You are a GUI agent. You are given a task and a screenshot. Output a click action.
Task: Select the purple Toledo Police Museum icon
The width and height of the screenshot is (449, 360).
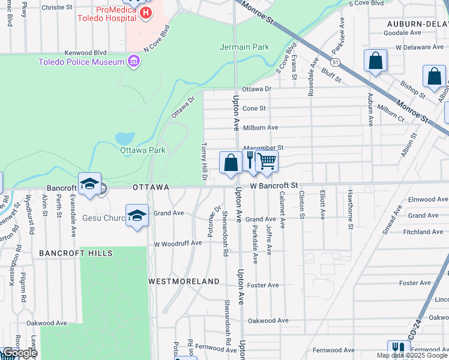pyautogui.click(x=133, y=61)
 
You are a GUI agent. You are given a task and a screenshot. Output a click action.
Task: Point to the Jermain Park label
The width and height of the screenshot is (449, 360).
pyautogui.click(x=244, y=47)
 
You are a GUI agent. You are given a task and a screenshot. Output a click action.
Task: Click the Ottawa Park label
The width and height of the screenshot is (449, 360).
pyautogui.click(x=142, y=150)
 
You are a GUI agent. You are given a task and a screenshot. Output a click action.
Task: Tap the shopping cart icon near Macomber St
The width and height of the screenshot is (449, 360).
pyautogui.click(x=267, y=161)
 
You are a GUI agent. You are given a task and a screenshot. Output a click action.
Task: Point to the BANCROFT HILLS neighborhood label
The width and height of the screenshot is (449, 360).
pyautogui.click(x=76, y=253)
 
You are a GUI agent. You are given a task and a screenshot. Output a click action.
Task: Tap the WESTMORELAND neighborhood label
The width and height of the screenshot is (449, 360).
pyautogui.click(x=184, y=281)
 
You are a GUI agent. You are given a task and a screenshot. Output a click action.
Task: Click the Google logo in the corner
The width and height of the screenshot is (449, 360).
pyautogui.click(x=19, y=353)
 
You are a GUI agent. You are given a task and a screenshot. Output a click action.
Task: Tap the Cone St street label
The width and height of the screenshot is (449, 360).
pyautogui.click(x=254, y=108)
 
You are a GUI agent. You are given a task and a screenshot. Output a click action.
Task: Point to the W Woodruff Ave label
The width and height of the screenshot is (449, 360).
pyautogui.click(x=178, y=244)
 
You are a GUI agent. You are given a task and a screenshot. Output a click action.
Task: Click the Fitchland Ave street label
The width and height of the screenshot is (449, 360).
pyautogui.click(x=423, y=232)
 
